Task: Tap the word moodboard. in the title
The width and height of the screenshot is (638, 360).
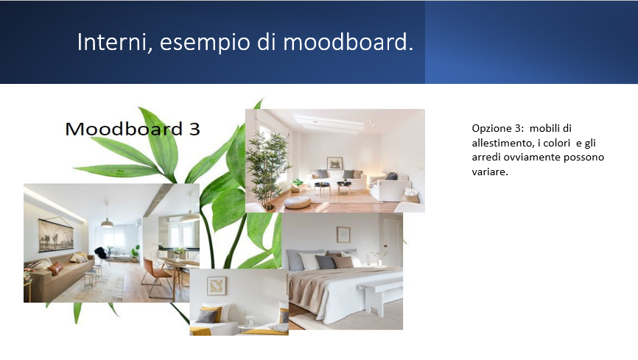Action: coord(348,42)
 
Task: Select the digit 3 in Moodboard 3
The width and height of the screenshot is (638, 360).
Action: coord(194,129)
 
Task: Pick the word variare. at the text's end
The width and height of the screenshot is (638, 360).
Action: coord(490,172)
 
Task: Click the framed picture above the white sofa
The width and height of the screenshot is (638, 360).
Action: coord(334,163)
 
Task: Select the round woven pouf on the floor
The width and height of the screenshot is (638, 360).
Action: coord(298,202)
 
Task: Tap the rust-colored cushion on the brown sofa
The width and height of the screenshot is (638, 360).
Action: coord(55,269)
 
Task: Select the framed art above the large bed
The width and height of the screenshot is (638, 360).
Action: coord(343,235)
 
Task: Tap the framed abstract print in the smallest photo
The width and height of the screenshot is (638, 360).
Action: coord(217,286)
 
